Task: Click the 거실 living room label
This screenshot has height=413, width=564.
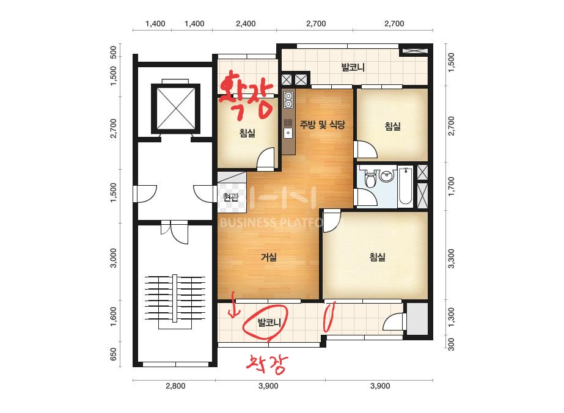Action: (x=269, y=257)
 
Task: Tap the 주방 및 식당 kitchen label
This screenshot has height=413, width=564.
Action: (x=322, y=125)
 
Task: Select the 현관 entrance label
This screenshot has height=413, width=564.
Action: (x=230, y=197)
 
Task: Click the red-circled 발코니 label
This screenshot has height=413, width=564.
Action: (x=269, y=323)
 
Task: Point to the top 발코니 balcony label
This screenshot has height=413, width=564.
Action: (x=353, y=67)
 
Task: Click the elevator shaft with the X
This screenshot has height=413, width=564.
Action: (x=175, y=108)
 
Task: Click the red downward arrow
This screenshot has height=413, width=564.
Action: (x=234, y=305)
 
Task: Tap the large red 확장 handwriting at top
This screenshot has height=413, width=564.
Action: (x=246, y=93)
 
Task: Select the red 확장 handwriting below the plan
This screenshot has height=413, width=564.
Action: (x=266, y=364)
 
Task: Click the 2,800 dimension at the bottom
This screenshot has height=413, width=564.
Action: (x=175, y=386)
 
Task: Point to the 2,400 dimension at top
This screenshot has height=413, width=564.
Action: (x=246, y=24)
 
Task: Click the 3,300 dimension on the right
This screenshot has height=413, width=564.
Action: (x=451, y=258)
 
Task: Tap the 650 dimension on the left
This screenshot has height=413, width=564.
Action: (x=113, y=354)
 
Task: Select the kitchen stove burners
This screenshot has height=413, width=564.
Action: (x=288, y=100)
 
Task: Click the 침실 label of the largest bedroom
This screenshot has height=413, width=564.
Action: (x=377, y=257)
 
